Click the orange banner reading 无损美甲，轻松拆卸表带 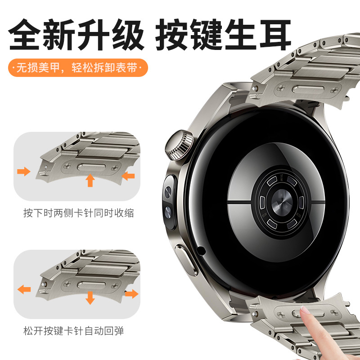(x=78, y=68)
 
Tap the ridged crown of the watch (x=179, y=145)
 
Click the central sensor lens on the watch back (x=282, y=202)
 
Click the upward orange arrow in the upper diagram (x=90, y=180)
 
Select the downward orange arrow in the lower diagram (x=90, y=298)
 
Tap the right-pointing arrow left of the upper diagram (x=24, y=171)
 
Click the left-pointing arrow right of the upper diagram (x=128, y=176)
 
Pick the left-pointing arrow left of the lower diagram (x=24, y=289)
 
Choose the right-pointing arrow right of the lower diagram (x=132, y=294)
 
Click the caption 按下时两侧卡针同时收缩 (x=78, y=213)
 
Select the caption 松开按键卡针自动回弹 (x=73, y=331)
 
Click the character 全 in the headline (x=24, y=35)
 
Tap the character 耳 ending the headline (x=275, y=35)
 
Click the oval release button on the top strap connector (x=308, y=89)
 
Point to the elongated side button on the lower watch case (x=186, y=260)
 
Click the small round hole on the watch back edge (x=201, y=251)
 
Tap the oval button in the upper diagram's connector (x=91, y=167)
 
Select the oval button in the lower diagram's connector (x=91, y=285)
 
